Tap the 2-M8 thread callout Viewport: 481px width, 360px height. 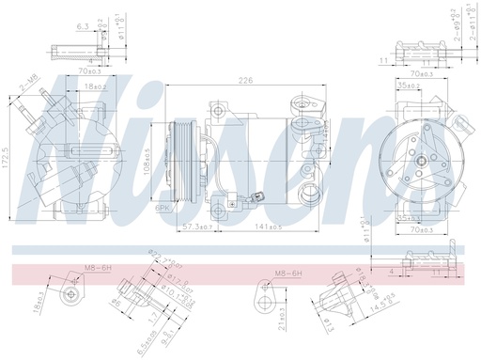tap(29, 84)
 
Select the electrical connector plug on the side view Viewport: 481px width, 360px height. tap(256, 199)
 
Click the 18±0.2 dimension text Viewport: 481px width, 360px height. tap(91, 86)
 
